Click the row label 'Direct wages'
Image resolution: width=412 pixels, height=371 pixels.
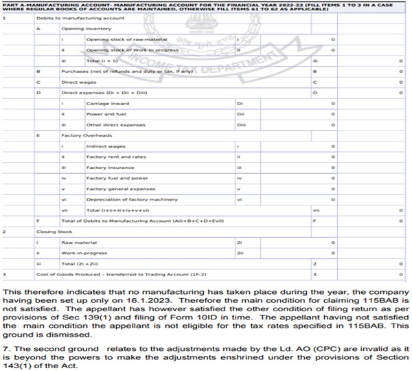[77, 81]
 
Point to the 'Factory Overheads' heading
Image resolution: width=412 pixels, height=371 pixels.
[82, 135]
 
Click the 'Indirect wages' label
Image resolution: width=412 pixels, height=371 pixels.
[103, 146]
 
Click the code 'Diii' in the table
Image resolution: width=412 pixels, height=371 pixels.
[241, 124]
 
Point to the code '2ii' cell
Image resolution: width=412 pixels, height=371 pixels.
[240, 252]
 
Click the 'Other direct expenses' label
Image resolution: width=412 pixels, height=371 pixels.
[109, 124]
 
